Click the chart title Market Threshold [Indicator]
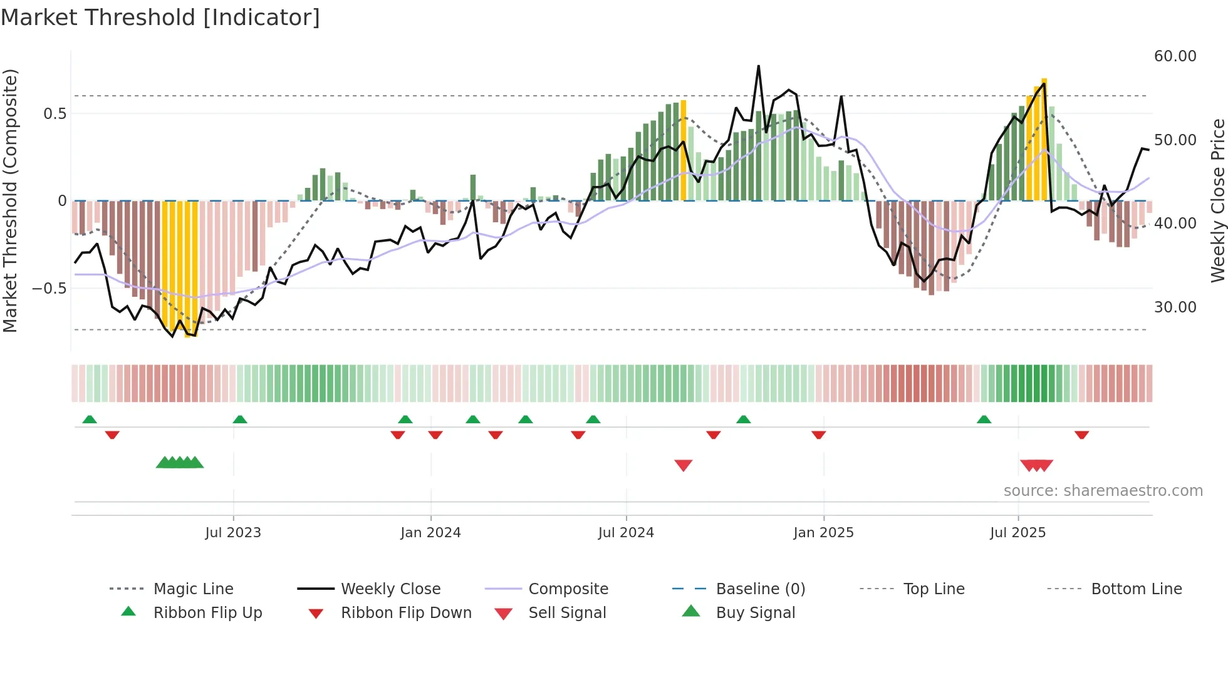coord(160,18)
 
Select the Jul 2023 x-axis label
coord(233,532)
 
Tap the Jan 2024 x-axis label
coord(430,532)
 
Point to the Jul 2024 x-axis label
coord(626,532)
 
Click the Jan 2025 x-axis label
coord(823,532)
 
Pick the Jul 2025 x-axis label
coord(1018,532)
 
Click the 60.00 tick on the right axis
coord(1175,56)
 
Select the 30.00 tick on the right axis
coord(1175,307)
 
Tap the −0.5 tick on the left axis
coord(49,288)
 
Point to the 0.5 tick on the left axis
coord(55,113)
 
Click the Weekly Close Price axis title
coord(1217,200)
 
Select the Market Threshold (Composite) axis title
coord(10,200)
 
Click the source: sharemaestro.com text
coord(1103,490)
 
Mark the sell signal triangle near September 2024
coord(684,465)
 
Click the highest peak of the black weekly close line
coord(758,66)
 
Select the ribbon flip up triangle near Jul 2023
coord(240,420)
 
